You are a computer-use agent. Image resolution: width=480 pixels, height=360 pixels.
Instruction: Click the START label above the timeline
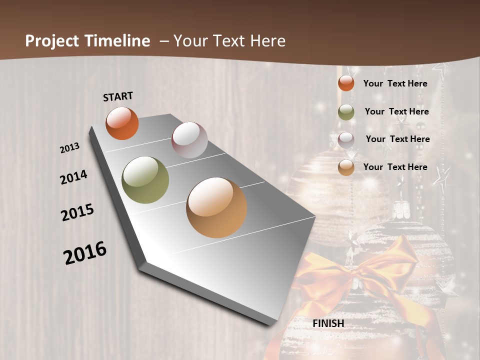tap(118, 96)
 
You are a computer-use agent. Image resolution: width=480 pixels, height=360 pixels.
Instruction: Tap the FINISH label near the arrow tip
tap(328, 323)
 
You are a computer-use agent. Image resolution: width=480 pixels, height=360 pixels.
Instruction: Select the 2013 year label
tap(69, 148)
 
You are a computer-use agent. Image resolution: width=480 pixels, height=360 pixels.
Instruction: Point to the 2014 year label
tap(73, 177)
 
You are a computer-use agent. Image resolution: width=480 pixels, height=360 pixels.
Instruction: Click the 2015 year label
tap(77, 212)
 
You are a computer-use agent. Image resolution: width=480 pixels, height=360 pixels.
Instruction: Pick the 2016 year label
tap(85, 252)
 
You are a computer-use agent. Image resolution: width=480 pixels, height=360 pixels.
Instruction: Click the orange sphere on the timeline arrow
tap(122, 123)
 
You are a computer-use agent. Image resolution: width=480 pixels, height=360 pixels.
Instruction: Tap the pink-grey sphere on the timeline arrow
tap(189, 140)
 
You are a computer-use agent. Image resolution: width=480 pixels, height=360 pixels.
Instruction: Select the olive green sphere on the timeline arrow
tap(145, 180)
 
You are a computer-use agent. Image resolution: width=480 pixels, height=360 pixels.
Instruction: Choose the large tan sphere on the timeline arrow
tap(216, 207)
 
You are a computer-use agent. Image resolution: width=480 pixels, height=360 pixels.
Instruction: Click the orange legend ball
tap(346, 83)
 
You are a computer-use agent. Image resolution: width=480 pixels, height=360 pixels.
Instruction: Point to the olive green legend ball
tap(346, 112)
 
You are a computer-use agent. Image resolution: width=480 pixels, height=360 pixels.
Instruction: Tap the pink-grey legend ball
tap(346, 139)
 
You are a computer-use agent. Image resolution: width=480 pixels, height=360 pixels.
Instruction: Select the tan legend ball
tap(346, 167)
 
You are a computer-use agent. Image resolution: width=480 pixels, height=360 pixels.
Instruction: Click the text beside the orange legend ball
tap(395, 83)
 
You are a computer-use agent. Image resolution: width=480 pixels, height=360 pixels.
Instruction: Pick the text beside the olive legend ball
tap(396, 111)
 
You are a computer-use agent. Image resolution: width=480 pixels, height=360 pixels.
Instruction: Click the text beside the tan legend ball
tap(395, 167)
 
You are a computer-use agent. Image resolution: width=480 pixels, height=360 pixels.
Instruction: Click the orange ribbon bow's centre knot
tap(361, 272)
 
